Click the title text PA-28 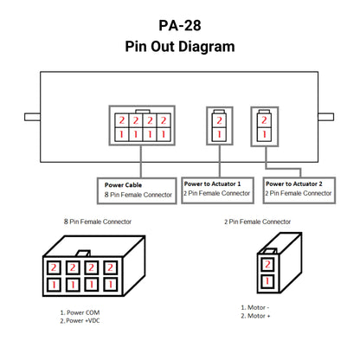180,25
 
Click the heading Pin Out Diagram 180,47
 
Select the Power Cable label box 137,190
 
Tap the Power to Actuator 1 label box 217,190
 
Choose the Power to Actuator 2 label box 299,190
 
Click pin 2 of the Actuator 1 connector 219,120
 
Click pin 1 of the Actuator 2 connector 264,134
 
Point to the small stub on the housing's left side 32,117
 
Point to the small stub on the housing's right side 326,117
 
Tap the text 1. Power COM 80,312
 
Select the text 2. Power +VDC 80,320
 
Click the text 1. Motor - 255,307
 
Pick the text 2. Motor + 255,316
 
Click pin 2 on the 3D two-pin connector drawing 267,264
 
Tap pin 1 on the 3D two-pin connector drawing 267,281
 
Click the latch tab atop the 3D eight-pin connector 83,254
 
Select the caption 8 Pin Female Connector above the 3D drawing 98,222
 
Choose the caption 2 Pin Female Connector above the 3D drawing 257,222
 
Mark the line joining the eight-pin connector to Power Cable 141,162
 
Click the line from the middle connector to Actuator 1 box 220,161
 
